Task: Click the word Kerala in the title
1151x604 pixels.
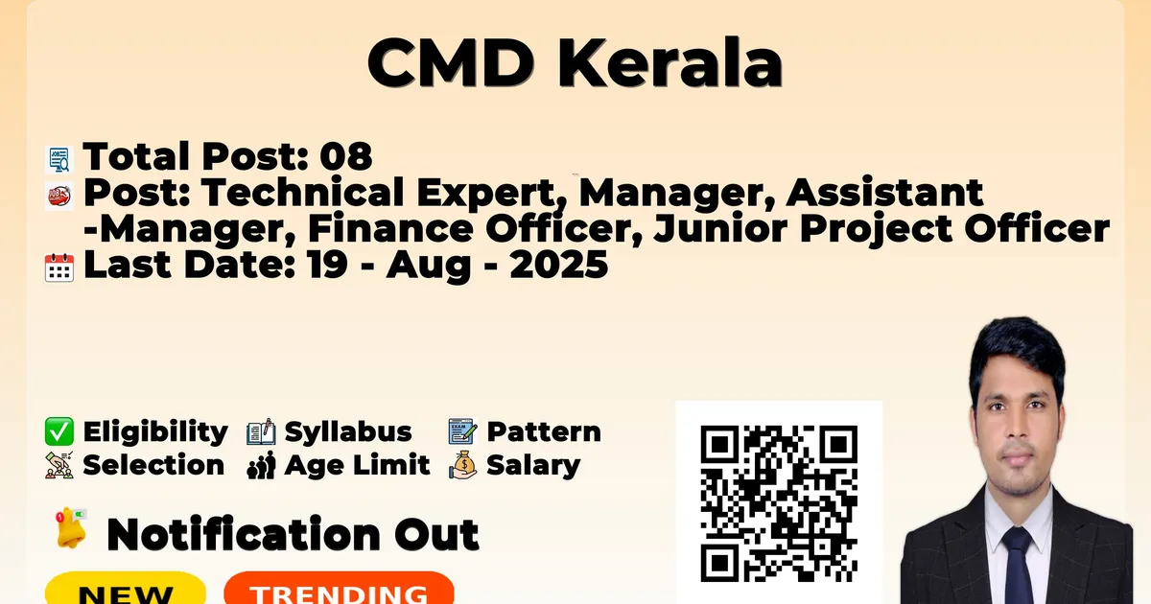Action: (x=670, y=62)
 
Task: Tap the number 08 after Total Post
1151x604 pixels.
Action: (x=346, y=156)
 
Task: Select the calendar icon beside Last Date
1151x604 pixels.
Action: (x=59, y=267)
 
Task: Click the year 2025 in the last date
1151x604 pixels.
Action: (x=559, y=265)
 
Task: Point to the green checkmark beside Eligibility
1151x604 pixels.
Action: (x=59, y=431)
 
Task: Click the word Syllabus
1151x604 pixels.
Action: (x=348, y=432)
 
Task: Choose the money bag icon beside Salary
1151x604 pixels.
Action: (x=463, y=465)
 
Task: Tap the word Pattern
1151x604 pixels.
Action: (x=544, y=431)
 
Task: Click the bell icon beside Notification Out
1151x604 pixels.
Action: (x=71, y=528)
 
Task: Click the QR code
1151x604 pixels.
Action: (x=779, y=503)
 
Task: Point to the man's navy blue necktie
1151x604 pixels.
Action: (x=1017, y=565)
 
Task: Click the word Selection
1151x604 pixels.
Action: (x=153, y=465)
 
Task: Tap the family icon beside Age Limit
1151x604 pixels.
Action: (x=261, y=466)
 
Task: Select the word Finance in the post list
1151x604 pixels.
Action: (x=390, y=228)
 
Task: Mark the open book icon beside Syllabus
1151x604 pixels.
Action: (x=261, y=431)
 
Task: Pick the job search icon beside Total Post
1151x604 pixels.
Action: (x=59, y=159)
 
